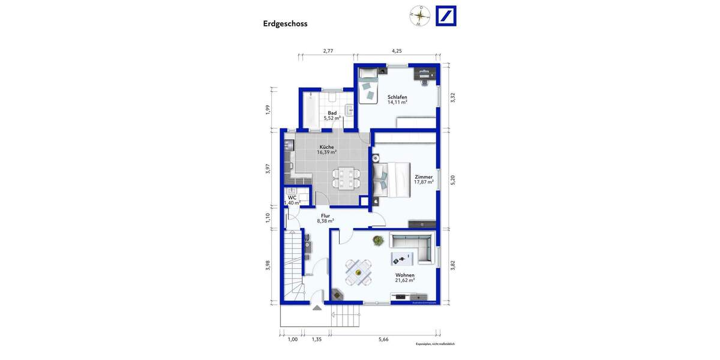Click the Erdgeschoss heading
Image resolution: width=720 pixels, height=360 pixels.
[x=285, y=24]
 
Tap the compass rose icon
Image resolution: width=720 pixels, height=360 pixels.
[x=420, y=16]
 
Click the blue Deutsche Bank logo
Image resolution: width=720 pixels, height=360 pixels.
[x=446, y=16]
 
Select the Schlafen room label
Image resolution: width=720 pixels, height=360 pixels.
[x=397, y=97]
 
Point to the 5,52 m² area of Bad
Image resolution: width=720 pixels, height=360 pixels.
[x=332, y=118]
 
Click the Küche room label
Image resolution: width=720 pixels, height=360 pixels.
[x=326, y=147]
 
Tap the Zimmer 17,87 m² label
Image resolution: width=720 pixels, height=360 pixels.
[x=424, y=179]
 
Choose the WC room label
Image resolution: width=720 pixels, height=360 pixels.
[x=292, y=197]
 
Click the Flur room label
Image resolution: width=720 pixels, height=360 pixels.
[x=325, y=215]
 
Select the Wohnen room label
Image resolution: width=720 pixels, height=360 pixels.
[x=405, y=275]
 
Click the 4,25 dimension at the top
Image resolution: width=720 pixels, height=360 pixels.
[x=397, y=52]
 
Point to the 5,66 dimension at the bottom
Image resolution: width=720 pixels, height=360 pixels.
[x=383, y=340]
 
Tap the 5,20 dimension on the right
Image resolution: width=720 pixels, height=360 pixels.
[x=453, y=179]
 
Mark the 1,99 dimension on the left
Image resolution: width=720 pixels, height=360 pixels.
[x=268, y=109]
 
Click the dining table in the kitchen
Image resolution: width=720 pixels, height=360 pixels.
[x=347, y=178]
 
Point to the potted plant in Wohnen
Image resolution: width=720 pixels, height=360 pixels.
[x=378, y=241]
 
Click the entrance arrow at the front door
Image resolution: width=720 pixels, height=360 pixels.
[x=317, y=308]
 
